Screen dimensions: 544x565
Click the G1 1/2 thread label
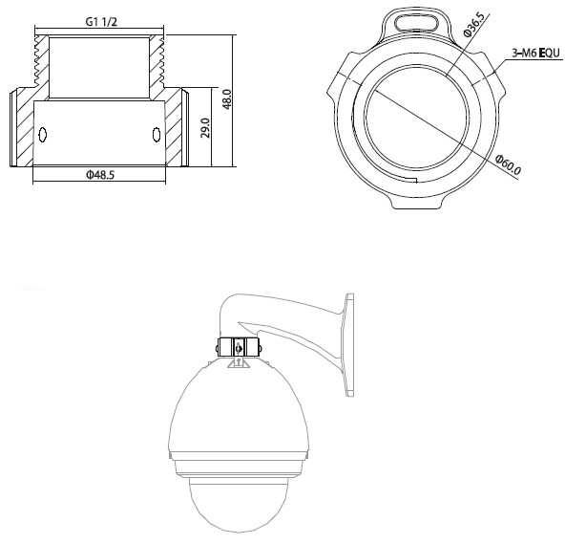click(99, 19)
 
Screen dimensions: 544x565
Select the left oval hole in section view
click(40, 135)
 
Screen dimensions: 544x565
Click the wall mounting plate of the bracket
click(349, 345)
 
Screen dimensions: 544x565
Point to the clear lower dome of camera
click(240, 502)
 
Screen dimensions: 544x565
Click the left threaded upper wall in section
click(39, 67)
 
